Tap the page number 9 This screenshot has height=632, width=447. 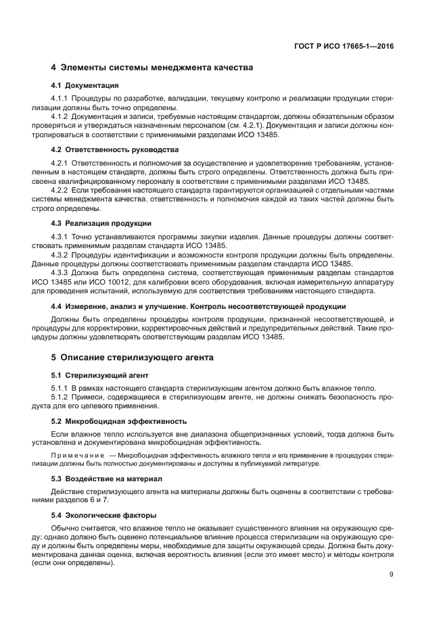coord(392,575)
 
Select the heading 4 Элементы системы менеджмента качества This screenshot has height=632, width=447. coord(152,68)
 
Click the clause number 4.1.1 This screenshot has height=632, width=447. coord(61,99)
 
